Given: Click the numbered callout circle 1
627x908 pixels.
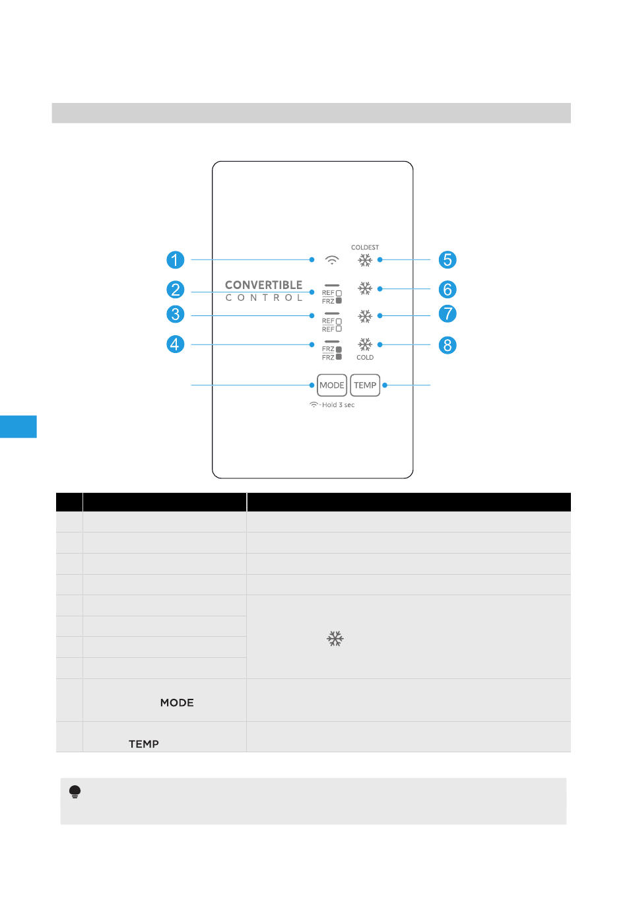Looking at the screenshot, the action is point(175,260).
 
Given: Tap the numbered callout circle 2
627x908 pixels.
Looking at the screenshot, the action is point(175,290).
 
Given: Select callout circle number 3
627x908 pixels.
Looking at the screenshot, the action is point(175,314).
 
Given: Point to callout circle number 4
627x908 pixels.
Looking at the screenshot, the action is point(175,344).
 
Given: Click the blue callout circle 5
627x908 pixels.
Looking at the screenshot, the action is point(447,260).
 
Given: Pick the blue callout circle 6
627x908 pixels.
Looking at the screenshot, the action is point(447,290).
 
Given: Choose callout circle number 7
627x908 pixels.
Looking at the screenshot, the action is point(447,313).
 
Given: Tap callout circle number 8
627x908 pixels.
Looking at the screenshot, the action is point(447,345).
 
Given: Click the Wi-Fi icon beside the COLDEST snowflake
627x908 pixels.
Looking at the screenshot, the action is point(332,260).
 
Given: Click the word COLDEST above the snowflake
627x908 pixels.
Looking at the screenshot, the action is point(365,247).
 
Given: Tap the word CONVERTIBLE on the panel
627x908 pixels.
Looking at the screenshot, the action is point(263,285).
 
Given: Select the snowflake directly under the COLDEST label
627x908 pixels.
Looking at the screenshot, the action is point(365,261).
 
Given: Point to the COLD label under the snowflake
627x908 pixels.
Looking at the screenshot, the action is point(365,358).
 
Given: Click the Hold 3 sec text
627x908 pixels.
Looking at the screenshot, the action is point(338,405).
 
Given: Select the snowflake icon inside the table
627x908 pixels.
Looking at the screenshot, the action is point(335,639).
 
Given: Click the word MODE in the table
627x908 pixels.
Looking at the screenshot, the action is point(177,703).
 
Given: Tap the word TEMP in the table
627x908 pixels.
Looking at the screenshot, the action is point(144,744).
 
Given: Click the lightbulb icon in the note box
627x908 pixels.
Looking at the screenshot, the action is point(75,792).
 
